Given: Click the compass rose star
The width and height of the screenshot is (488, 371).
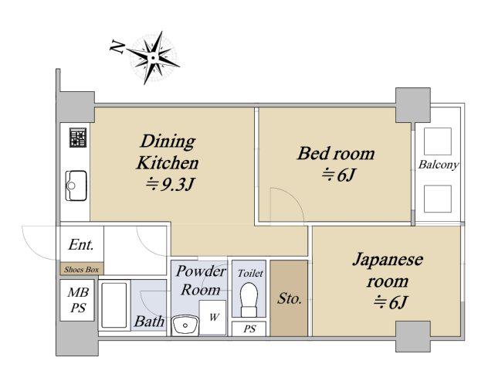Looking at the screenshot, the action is click(153, 58).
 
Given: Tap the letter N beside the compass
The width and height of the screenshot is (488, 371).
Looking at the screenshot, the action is click(117, 47).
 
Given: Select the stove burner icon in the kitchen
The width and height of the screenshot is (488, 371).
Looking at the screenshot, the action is click(78, 138).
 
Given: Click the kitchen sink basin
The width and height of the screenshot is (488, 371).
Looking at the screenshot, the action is click(76, 185).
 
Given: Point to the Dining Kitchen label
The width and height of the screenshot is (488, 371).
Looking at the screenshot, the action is click(168, 152).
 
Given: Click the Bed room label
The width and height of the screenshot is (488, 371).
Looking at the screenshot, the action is click(336, 154).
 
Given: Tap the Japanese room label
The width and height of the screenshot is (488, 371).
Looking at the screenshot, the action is click(388, 270).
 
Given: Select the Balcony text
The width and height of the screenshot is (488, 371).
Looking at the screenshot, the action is click(439, 165).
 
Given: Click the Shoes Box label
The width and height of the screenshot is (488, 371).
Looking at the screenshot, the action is click(82, 270).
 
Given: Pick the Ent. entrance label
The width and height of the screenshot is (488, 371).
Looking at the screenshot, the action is click(81, 245).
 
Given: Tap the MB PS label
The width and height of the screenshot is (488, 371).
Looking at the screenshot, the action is click(78, 300).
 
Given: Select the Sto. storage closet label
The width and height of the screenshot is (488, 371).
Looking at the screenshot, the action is click(289, 298).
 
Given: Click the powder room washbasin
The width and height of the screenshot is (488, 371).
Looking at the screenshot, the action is click(185, 325).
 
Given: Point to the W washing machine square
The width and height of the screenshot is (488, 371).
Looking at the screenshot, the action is click(212, 318).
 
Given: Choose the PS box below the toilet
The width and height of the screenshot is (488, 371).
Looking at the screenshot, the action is click(249, 329).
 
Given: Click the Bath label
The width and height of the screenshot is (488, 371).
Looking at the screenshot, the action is click(149, 322).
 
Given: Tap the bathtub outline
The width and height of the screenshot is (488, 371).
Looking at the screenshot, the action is click(114, 305).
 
